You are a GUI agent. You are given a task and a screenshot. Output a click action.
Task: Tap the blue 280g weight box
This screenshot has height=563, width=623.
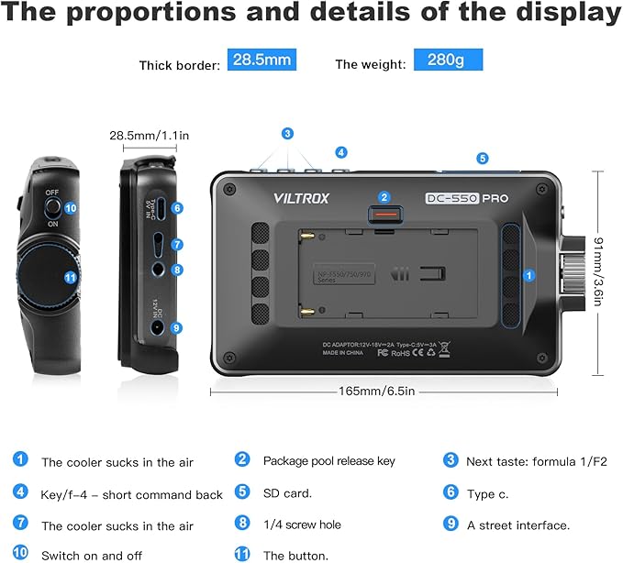(448, 61)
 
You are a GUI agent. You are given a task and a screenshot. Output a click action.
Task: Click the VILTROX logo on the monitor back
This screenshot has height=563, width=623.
(301, 197)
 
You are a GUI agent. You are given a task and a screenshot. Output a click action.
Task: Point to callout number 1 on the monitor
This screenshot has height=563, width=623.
(529, 273)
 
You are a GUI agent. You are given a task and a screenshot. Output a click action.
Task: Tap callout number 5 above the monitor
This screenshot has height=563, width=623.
(483, 158)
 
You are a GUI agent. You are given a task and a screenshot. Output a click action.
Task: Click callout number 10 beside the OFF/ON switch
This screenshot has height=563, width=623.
(71, 208)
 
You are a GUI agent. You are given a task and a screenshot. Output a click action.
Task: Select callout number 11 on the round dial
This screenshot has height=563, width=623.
(71, 276)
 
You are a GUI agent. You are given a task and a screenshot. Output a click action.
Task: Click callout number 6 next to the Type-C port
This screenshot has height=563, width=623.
(177, 209)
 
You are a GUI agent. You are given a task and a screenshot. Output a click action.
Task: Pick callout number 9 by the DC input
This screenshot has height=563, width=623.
(177, 327)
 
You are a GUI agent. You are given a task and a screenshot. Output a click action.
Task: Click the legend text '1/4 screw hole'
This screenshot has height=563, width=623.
(302, 524)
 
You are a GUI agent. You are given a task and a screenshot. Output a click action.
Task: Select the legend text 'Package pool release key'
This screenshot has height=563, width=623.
(329, 460)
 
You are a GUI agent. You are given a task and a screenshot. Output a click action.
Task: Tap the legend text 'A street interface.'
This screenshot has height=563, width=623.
(517, 525)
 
